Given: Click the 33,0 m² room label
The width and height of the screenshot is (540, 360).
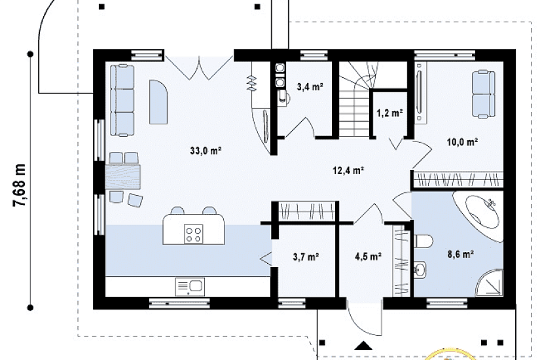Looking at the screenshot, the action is (206, 151).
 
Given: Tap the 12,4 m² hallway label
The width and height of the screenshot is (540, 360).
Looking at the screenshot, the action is (348, 170).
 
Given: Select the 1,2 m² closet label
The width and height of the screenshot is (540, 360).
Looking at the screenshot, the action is (389, 113).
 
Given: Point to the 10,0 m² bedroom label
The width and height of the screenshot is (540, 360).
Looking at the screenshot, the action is (462, 141).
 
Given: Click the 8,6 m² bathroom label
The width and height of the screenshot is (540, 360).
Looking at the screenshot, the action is (460, 255).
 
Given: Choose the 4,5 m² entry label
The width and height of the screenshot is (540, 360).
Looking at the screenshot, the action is (368, 257).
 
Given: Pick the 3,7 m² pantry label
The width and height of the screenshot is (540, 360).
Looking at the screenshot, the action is (306, 257).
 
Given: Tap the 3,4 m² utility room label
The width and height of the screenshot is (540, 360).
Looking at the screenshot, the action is (310, 87).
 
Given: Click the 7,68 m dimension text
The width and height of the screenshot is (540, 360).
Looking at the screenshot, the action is (19, 185).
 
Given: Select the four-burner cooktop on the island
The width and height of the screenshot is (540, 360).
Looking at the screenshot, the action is (194, 234).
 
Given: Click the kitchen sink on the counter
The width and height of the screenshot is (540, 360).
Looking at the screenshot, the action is (190, 287).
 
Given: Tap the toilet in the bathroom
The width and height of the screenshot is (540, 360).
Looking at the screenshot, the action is (423, 241).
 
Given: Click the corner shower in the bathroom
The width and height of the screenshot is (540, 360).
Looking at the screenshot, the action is (491, 283).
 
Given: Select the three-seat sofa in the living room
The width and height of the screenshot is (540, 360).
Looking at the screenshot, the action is (122, 100).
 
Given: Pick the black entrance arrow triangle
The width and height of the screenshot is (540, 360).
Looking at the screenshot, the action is (363, 345).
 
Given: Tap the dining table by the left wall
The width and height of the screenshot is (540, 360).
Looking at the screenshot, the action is (122, 177).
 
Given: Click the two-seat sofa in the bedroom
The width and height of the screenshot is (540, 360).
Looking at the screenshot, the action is (483, 94).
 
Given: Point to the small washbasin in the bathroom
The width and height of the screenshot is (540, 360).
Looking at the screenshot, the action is (420, 270).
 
